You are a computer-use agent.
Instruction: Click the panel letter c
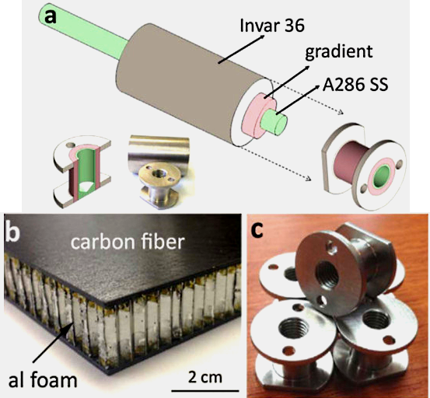click(257, 230)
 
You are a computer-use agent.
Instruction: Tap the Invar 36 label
click(272, 26)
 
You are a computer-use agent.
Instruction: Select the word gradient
click(339, 51)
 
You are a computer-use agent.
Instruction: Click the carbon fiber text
click(128, 242)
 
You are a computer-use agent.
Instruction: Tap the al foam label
click(43, 380)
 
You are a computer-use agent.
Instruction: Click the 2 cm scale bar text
click(205, 377)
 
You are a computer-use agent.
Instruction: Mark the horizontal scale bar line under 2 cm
click(205, 390)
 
